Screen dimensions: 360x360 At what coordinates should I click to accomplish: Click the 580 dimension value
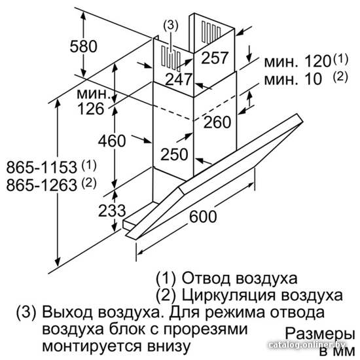pos(84,46)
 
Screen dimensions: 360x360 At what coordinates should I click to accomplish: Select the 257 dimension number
pos(215,58)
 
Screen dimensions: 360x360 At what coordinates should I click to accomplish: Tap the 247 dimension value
pos(179,79)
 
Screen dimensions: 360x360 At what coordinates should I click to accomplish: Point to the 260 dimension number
pos(217,122)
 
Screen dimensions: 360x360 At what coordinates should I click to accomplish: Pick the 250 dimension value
pos(174,154)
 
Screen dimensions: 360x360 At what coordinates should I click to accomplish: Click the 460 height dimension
pos(112,141)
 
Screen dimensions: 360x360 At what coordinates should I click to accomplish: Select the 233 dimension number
pos(112,210)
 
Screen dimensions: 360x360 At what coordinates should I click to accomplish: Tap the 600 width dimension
pos(203,216)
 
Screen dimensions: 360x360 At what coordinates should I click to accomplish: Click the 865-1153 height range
pos(41,167)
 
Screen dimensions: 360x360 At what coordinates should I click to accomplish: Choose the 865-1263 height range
pos(41,185)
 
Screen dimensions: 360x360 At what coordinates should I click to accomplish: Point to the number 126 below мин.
pos(91,109)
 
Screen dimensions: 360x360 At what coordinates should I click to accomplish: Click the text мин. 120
pos(297,62)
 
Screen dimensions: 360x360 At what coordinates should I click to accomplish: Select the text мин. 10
pos(293,79)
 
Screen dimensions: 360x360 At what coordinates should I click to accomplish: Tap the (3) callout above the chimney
pos(171,26)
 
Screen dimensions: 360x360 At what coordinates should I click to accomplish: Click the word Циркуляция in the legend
pos(228,295)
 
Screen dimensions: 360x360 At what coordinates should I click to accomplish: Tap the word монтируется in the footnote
pos(92,346)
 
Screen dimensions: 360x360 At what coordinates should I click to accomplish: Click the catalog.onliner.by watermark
pos(306,344)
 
